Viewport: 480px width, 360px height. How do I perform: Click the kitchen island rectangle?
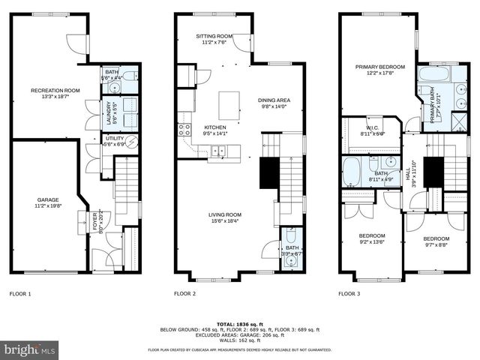229,102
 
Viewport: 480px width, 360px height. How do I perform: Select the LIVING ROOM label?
225,217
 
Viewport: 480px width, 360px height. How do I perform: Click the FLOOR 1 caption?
20,294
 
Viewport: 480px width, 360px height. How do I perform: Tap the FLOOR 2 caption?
184,294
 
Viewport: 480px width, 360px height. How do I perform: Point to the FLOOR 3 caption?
349,294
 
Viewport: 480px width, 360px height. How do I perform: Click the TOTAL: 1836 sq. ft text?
239,323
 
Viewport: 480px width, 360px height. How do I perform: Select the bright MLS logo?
30,349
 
